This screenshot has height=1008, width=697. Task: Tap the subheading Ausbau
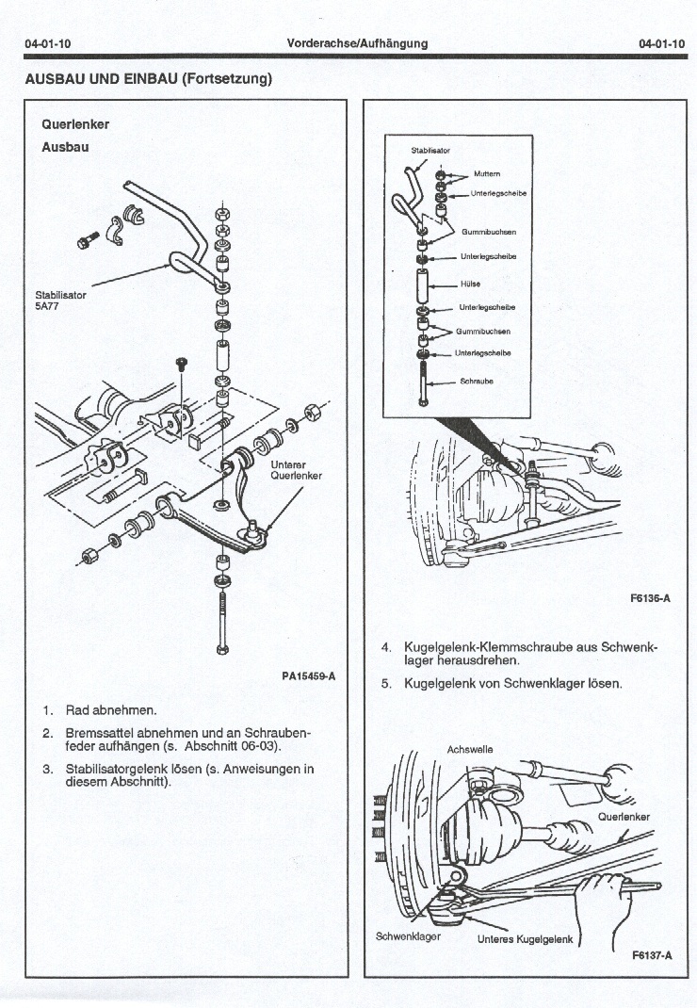click(x=63, y=147)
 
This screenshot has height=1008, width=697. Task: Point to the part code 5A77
click(x=48, y=306)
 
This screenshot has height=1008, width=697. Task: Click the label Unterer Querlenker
click(x=296, y=470)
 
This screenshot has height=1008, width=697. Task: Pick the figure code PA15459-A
click(x=308, y=676)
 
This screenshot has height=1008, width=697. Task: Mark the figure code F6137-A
click(x=652, y=954)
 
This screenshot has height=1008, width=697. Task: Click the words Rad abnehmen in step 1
click(x=111, y=709)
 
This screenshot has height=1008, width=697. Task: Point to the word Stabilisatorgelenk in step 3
click(x=120, y=769)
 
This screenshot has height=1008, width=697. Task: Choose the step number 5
click(x=386, y=683)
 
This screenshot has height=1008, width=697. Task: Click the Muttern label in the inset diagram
click(x=487, y=174)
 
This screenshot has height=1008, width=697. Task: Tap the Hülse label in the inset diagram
click(x=470, y=284)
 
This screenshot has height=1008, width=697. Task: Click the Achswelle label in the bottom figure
click(x=469, y=750)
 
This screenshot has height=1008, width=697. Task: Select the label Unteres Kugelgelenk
click(x=525, y=939)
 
